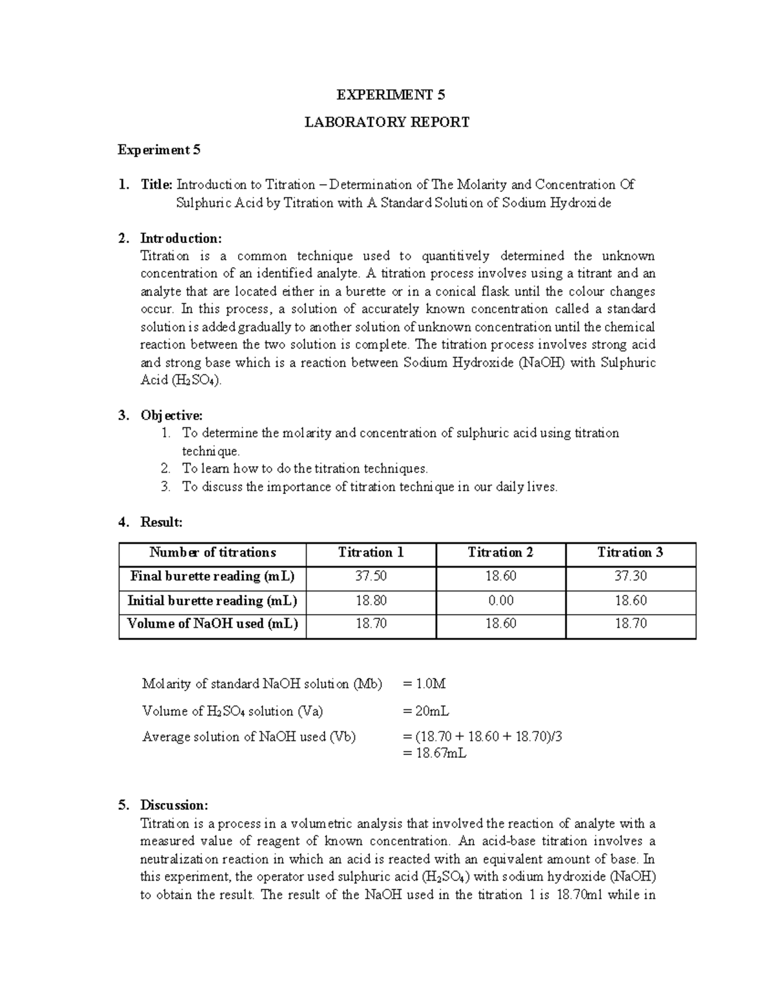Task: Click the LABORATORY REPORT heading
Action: (x=387, y=122)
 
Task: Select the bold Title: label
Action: (x=156, y=185)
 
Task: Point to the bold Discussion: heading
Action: (x=174, y=806)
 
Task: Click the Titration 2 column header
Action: (x=501, y=553)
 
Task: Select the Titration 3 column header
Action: (x=630, y=553)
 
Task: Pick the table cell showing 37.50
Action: (x=371, y=576)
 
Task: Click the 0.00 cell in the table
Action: (x=501, y=601)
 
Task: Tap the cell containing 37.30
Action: (x=630, y=576)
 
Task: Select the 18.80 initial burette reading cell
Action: (x=371, y=601)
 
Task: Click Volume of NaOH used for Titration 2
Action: (x=501, y=624)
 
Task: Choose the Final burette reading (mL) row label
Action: (x=212, y=576)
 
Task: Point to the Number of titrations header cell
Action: (x=212, y=553)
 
